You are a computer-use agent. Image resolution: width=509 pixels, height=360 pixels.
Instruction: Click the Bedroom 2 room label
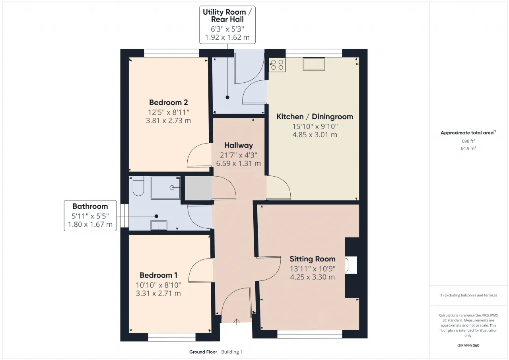tap(168, 102)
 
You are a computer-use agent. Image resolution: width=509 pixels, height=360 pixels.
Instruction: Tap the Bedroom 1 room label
tap(158, 275)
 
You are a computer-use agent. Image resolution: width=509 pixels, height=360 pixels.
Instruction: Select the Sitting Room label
tap(313, 259)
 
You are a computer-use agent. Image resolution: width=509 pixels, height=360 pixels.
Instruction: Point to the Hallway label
tap(238, 145)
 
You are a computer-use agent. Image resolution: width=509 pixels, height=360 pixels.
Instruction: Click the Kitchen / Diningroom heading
tap(315, 117)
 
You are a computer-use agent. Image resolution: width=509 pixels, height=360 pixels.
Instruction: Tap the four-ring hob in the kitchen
tap(277, 64)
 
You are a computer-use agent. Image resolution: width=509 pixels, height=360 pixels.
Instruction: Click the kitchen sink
tap(314, 64)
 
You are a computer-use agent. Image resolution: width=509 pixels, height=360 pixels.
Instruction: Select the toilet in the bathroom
tap(138, 186)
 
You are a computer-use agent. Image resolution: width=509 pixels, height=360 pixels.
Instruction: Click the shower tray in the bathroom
tap(165, 188)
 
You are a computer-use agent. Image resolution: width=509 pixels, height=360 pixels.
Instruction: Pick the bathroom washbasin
tap(159, 225)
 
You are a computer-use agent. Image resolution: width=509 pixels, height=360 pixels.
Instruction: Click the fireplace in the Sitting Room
tap(351, 265)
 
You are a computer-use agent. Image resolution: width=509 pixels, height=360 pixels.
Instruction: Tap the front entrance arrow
tap(237, 322)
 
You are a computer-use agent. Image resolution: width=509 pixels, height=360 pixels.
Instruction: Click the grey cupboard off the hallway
tap(198, 188)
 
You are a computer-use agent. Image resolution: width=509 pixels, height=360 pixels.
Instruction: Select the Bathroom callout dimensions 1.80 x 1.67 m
tap(90, 224)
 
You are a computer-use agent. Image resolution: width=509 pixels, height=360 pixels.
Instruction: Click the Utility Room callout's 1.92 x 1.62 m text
tap(227, 37)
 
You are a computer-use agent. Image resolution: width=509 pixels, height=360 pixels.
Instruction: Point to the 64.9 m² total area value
tap(468, 148)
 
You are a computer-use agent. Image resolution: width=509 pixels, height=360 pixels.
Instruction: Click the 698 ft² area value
tap(468, 141)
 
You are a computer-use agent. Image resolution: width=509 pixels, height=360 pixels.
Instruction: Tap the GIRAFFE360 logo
tap(468, 345)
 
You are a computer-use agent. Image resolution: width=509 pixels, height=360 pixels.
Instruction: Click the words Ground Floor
tap(203, 352)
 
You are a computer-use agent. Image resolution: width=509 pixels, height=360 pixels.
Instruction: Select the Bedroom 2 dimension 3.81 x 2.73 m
tap(168, 121)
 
